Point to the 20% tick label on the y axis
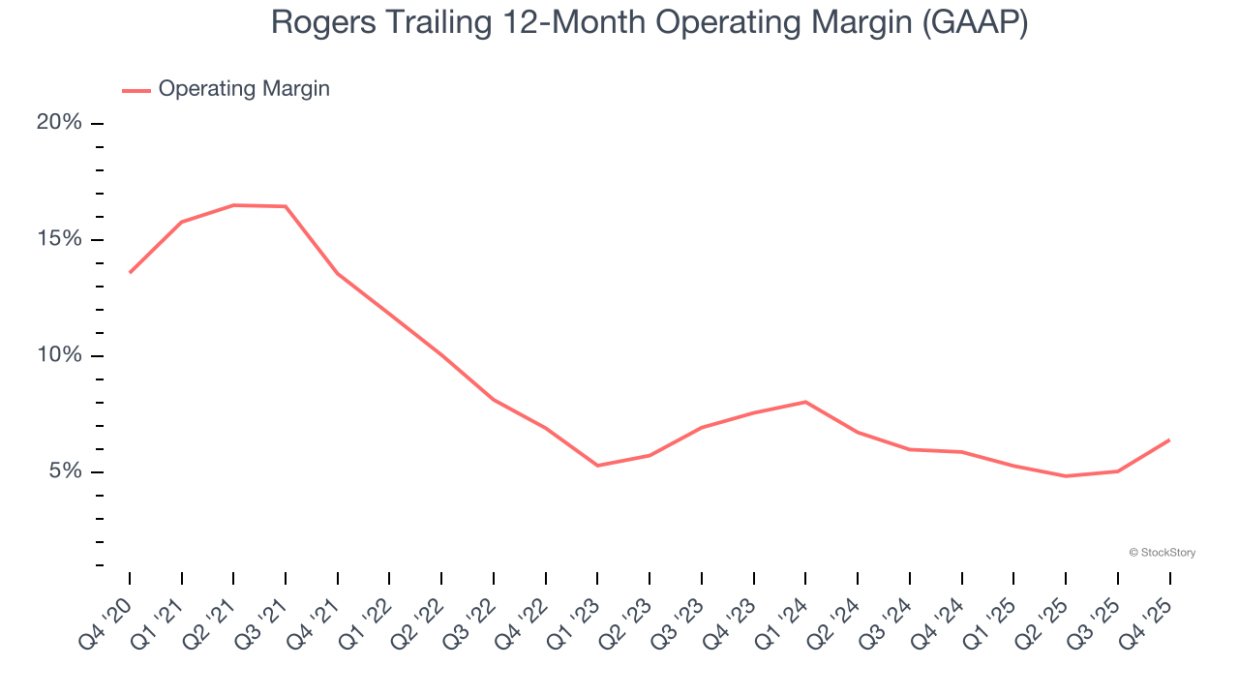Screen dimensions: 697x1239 tap(59, 123)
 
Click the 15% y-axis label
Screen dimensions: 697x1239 tap(59, 239)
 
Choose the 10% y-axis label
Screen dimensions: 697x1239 tap(59, 355)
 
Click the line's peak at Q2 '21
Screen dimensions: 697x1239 tap(233, 205)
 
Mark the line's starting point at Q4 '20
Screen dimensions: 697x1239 tap(130, 272)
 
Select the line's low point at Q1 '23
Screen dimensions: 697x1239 tap(597, 466)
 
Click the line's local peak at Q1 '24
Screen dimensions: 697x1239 tap(805, 402)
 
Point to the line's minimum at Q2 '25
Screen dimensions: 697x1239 tap(1066, 476)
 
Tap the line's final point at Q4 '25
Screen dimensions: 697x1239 tap(1169, 439)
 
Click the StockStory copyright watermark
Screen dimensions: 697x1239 tap(1162, 553)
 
